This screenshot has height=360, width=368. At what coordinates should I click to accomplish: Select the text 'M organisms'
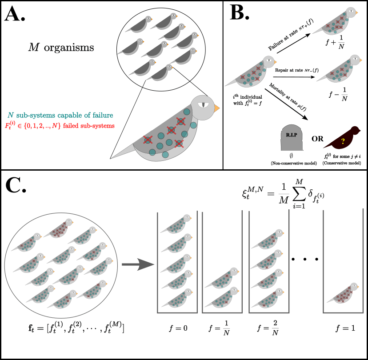tap(59, 46)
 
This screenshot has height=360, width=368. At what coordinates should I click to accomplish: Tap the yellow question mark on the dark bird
tap(343, 141)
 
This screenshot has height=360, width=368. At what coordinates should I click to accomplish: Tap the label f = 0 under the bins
tap(177, 329)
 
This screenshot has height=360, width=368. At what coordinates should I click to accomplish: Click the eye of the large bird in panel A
tap(202, 104)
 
